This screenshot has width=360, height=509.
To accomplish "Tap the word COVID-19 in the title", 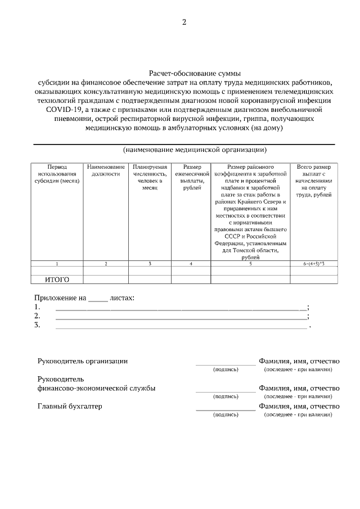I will point(64,110).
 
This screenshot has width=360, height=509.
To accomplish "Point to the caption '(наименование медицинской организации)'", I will point(195,150).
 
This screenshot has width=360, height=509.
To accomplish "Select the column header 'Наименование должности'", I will point(106,171).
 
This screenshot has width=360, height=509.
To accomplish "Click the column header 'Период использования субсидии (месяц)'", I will point(57,174).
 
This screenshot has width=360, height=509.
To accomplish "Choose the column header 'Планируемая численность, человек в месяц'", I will point(150,178).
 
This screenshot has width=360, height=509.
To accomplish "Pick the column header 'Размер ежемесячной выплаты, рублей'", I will point(192,178).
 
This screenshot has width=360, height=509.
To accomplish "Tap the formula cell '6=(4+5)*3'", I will point(314,263).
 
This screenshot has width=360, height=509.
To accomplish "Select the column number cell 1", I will point(57,263).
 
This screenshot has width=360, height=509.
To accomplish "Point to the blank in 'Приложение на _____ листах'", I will point(98,298).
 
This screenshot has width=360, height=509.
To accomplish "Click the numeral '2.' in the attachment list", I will point(37,316).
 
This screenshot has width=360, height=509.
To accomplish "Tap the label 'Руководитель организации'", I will point(83,361).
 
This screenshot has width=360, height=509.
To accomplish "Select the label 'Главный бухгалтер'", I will point(70,406).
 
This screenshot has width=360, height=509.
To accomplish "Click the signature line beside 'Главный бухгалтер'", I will point(226,409).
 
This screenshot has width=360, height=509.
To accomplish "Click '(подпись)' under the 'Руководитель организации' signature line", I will point(226,370).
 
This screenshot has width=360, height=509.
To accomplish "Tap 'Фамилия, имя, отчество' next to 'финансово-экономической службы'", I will point(299,388).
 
